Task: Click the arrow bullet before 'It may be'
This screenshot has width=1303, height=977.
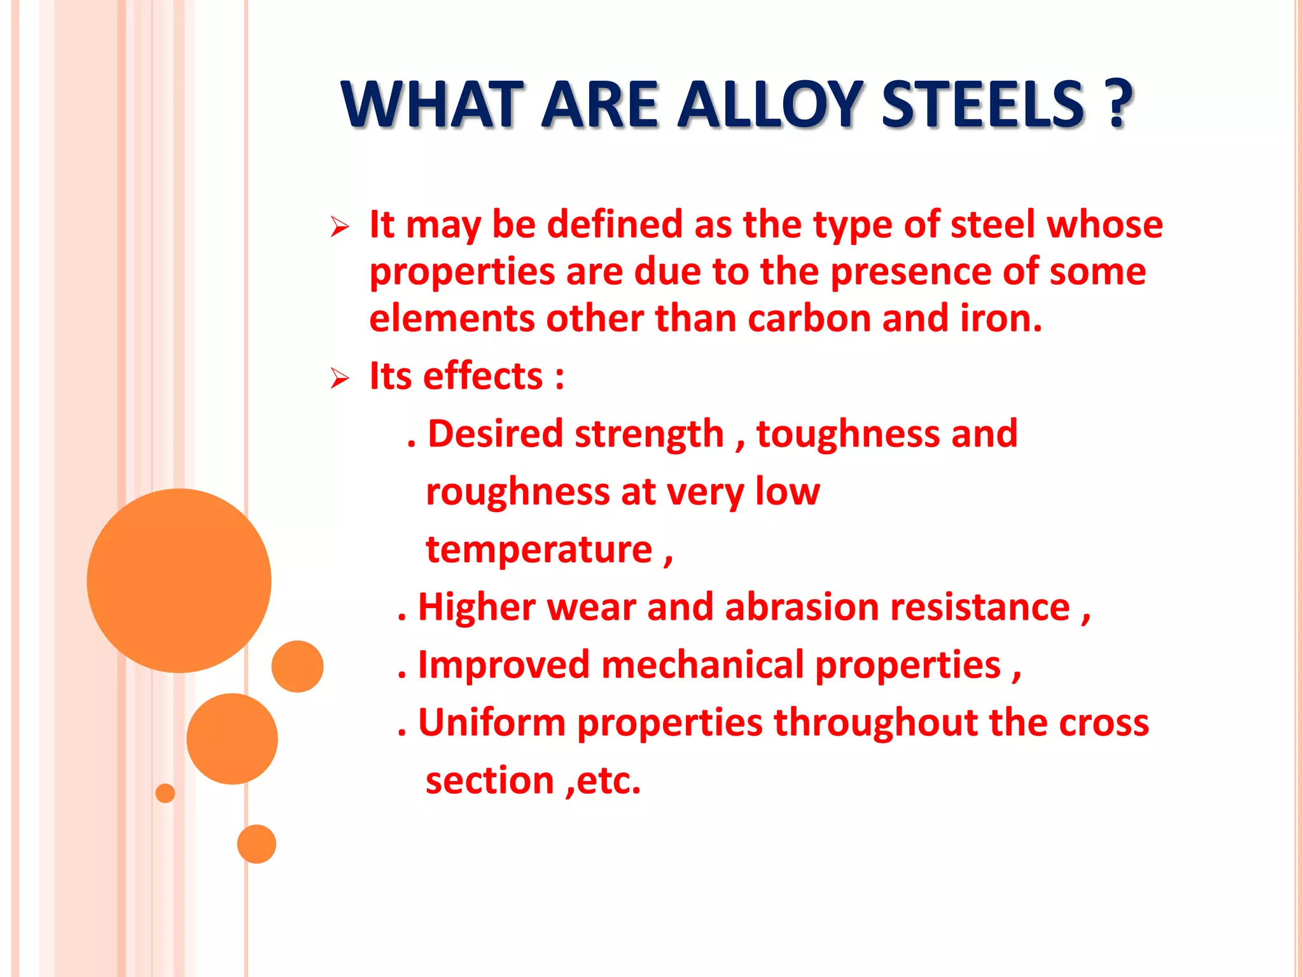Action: [340, 227]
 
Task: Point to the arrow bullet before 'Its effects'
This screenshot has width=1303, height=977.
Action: [340, 379]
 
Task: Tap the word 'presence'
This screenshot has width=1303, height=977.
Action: [910, 272]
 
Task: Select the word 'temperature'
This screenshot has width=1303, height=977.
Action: [539, 550]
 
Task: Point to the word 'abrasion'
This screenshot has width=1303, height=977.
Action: [802, 607]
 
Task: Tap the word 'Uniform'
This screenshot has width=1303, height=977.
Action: [491, 723]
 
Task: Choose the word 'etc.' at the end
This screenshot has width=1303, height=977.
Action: [608, 781]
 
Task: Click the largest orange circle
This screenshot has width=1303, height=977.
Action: [179, 580]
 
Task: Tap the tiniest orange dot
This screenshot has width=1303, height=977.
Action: [165, 793]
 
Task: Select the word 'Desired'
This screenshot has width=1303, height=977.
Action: [495, 434]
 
